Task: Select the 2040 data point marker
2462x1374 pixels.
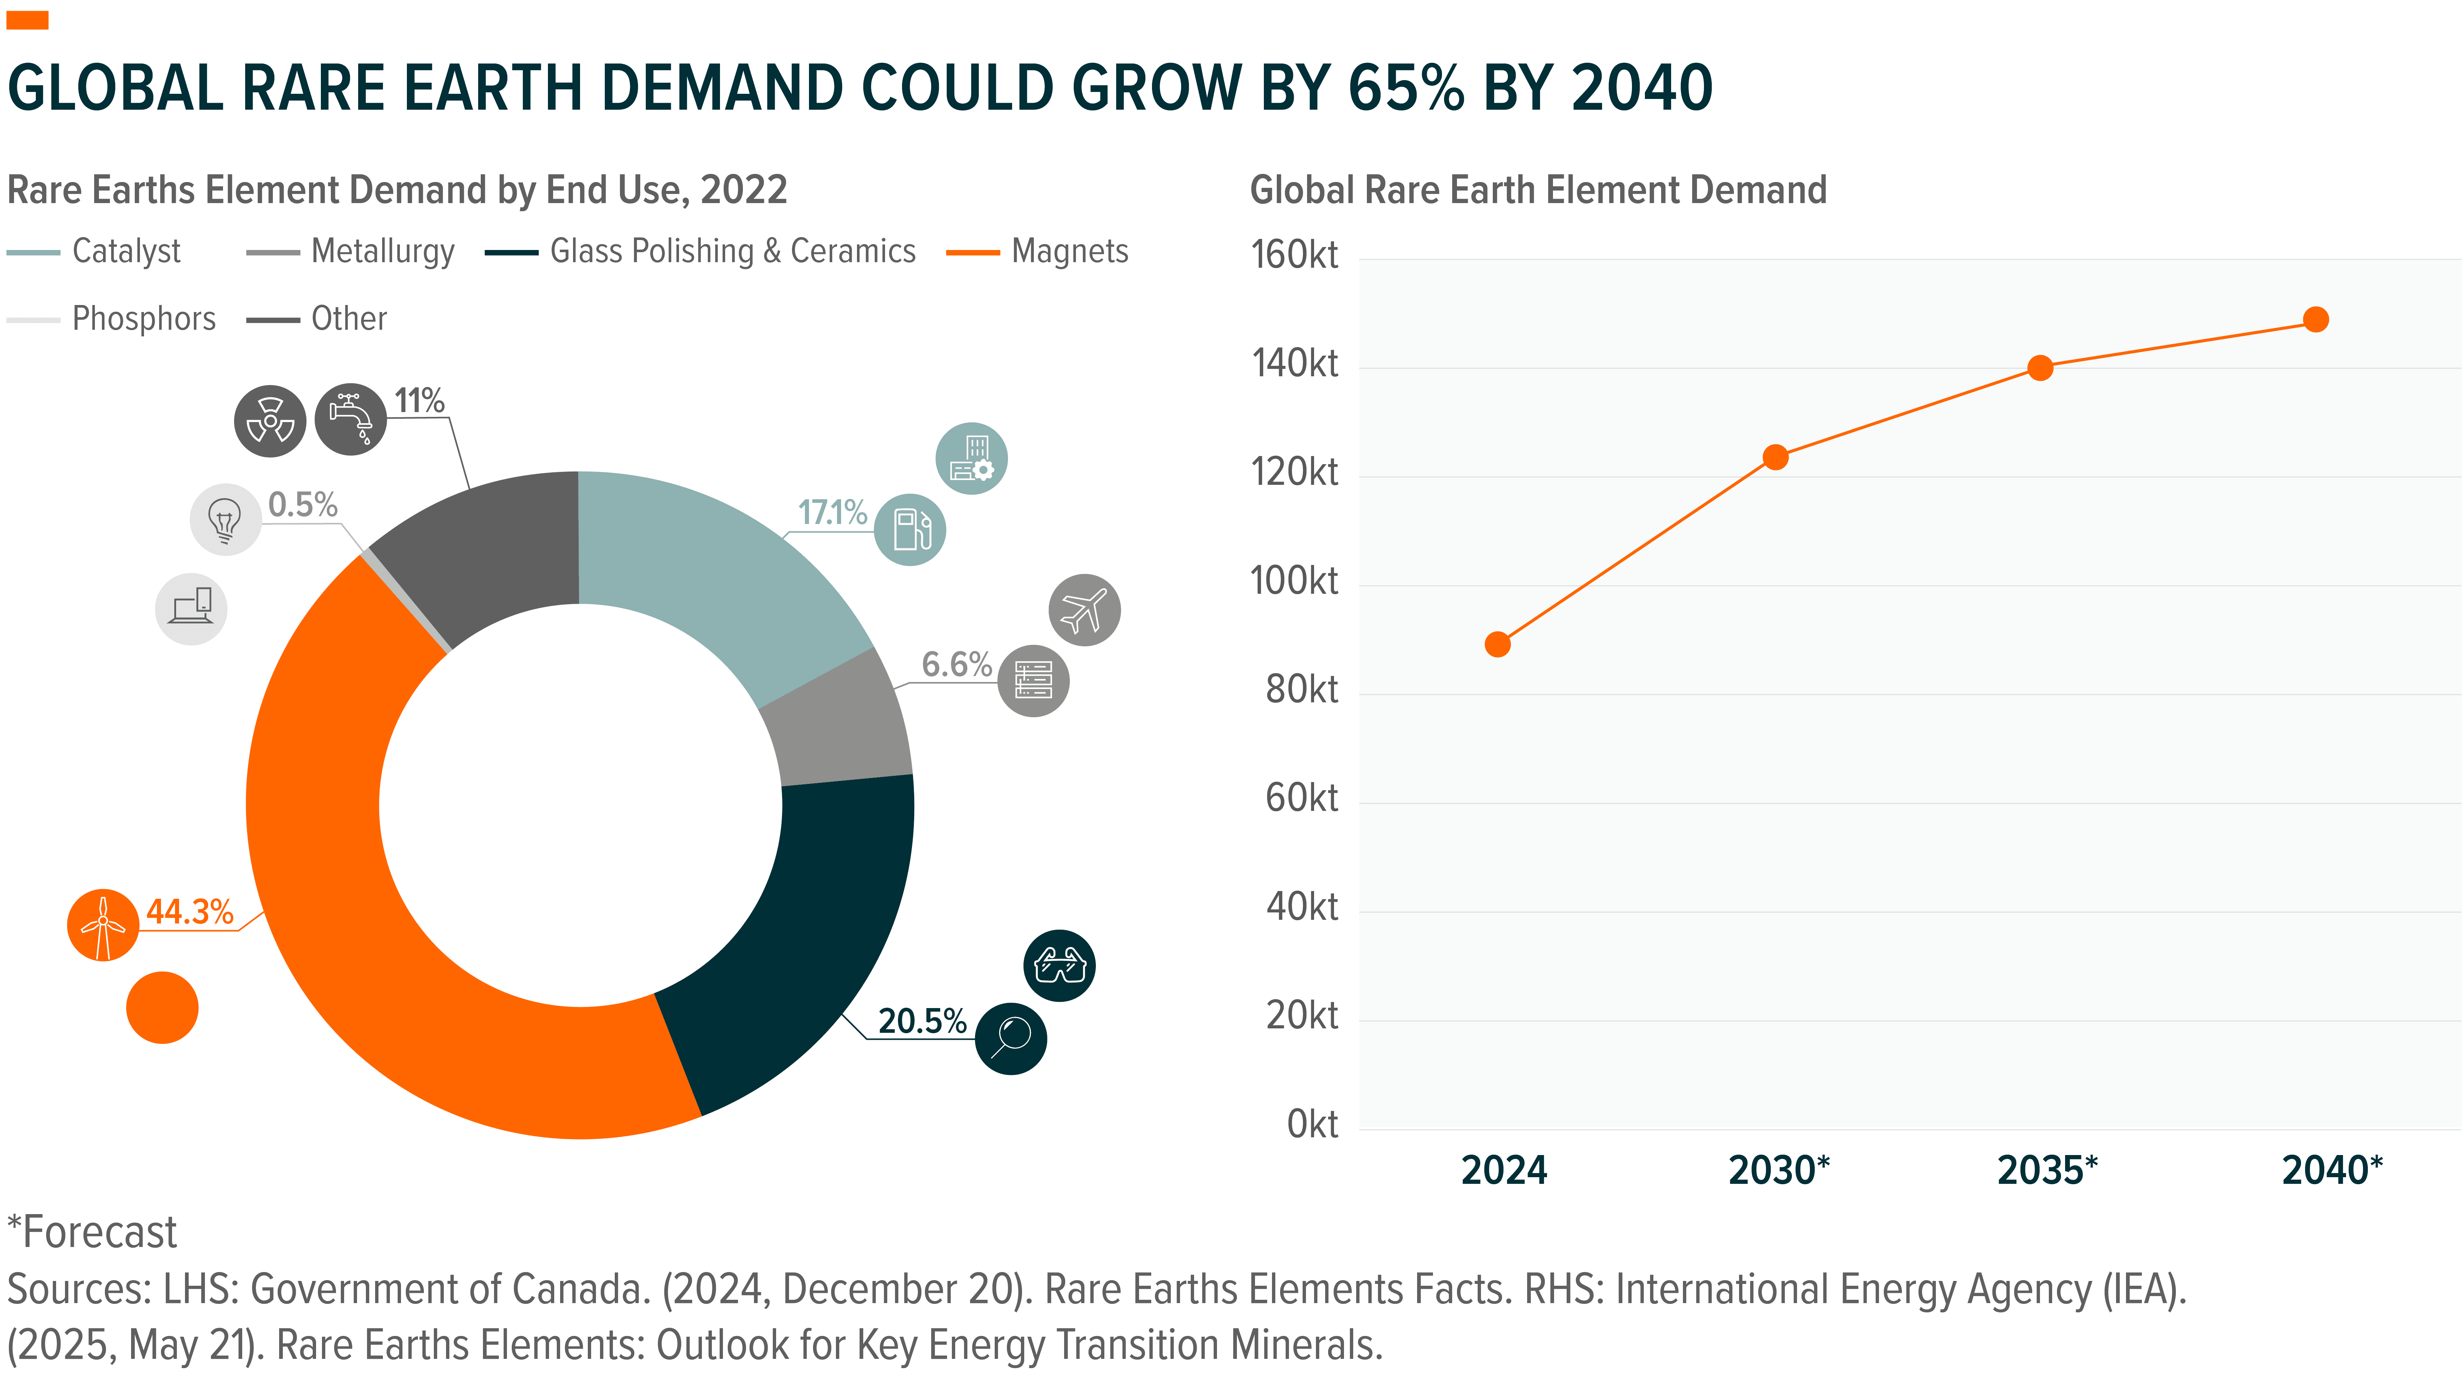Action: click(2315, 319)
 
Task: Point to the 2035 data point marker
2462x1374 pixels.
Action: click(2040, 368)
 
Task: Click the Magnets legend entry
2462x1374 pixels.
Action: click(1069, 251)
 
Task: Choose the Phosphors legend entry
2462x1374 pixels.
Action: click(143, 318)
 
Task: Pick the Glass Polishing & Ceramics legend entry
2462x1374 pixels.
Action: click(732, 251)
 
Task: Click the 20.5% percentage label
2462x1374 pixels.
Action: click(921, 1021)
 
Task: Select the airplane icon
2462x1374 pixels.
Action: click(1084, 610)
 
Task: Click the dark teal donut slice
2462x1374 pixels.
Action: click(812, 936)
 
